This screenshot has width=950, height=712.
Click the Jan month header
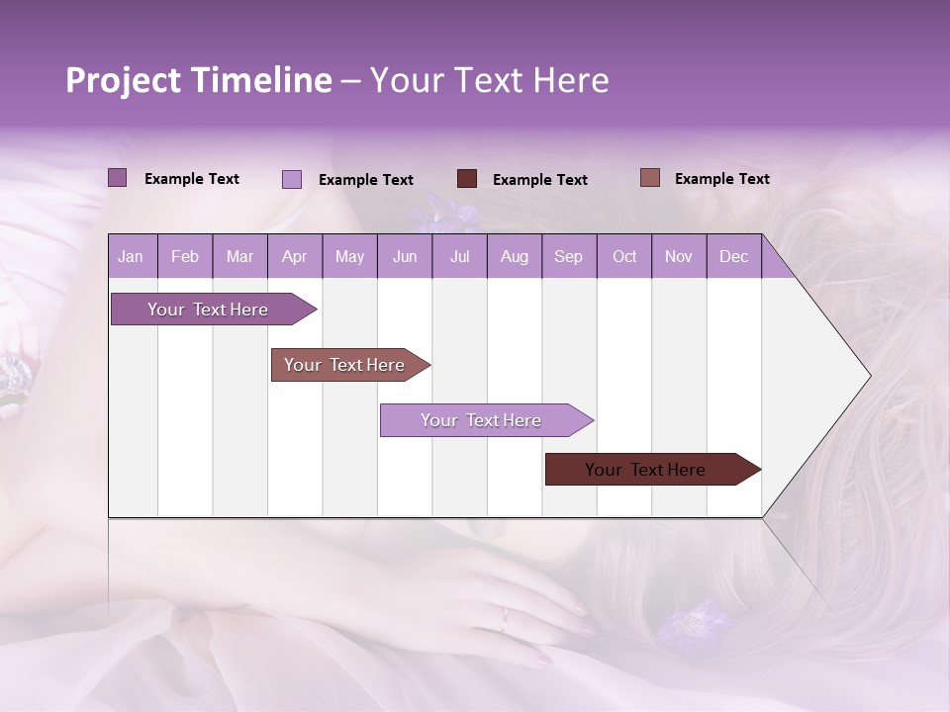coord(131,257)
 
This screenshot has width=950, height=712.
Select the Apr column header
coord(294,257)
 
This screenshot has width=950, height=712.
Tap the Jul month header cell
coord(459,257)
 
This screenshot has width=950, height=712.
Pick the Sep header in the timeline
coord(568,257)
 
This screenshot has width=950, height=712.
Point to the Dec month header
coord(733,257)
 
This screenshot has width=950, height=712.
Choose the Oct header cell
coord(624,257)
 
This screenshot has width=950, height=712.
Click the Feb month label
coord(185,257)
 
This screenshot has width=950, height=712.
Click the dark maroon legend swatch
coord(467,178)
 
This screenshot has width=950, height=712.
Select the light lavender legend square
coord(292,179)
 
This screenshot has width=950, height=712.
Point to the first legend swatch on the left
coord(118,178)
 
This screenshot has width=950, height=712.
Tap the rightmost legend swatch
coord(650,178)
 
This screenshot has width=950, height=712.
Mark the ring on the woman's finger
coord(505,619)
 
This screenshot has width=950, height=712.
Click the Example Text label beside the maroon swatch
coord(539,180)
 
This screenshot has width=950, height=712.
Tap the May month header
coord(349,257)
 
